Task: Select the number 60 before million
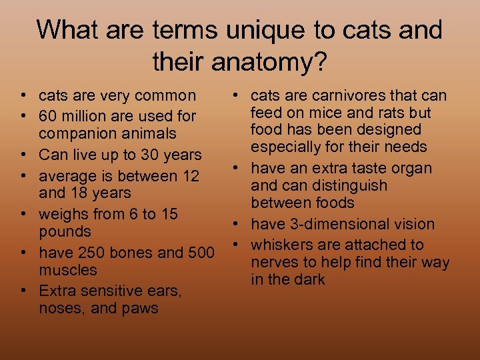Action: [x=49, y=116]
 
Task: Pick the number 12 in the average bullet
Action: [x=190, y=176]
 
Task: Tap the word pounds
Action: [x=65, y=232]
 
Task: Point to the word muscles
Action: [x=68, y=271]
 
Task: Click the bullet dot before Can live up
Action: [x=23, y=155]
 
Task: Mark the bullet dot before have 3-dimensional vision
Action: [x=237, y=224]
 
